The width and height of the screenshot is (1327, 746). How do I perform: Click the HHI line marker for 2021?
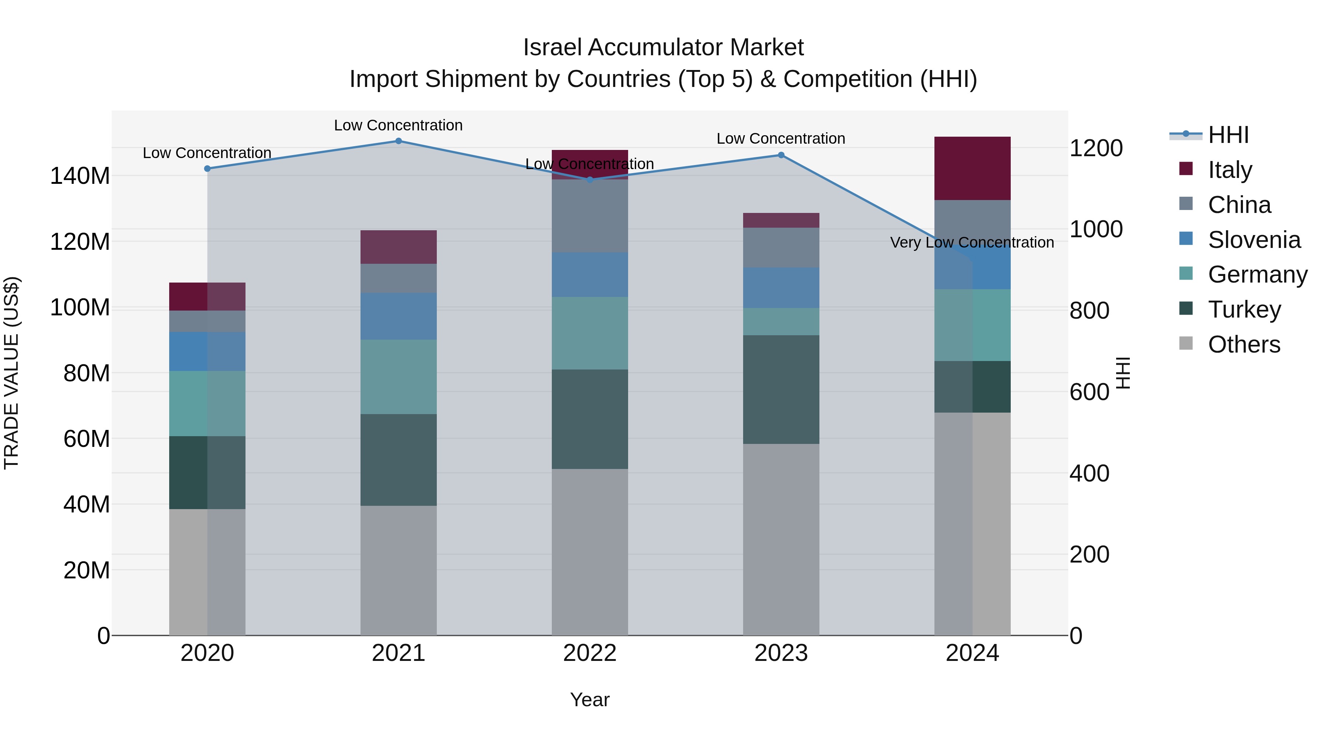click(398, 141)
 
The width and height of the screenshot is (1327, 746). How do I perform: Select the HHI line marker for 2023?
click(781, 155)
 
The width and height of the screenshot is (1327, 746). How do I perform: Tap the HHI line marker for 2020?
click(207, 169)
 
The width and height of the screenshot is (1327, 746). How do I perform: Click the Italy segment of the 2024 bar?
click(972, 168)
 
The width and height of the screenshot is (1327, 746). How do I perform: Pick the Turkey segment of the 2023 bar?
click(781, 390)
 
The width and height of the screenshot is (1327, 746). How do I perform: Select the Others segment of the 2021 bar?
click(398, 570)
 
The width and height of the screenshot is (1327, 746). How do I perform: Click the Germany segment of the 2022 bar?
click(590, 333)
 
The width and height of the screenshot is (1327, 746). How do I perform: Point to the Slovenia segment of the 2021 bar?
click(398, 316)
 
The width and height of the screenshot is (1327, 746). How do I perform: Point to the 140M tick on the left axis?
click(80, 176)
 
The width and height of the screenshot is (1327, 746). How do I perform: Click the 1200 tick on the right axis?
click(1096, 148)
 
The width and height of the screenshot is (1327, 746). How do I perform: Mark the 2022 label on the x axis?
click(590, 653)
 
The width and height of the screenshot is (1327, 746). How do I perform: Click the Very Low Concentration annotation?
click(972, 242)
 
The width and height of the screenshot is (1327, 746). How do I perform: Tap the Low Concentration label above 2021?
click(398, 125)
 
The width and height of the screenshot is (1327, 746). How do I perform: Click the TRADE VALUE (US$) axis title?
click(12, 373)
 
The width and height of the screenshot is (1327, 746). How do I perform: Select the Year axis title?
click(589, 700)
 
